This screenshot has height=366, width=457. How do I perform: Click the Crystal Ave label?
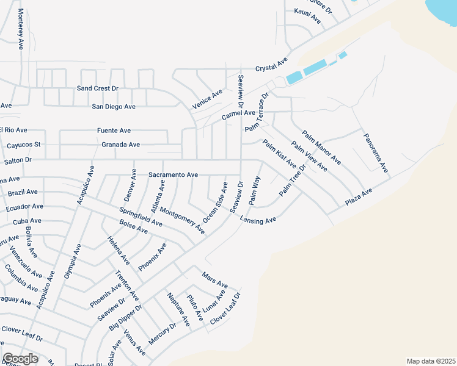(x=271, y=65)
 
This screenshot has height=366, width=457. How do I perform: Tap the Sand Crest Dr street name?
(x=97, y=88)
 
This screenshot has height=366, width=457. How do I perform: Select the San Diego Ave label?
(x=113, y=106)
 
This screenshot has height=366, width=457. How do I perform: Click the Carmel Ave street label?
(x=238, y=113)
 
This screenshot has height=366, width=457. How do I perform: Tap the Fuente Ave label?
(x=114, y=131)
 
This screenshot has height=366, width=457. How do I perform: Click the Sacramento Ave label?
(x=173, y=174)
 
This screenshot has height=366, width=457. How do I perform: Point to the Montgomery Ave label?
(x=182, y=220)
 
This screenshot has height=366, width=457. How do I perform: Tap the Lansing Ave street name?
(x=258, y=220)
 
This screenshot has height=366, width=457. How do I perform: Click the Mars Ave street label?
(x=214, y=281)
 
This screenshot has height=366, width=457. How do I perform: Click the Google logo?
(x=20, y=359)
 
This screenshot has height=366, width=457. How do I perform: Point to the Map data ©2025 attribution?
(x=431, y=361)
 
